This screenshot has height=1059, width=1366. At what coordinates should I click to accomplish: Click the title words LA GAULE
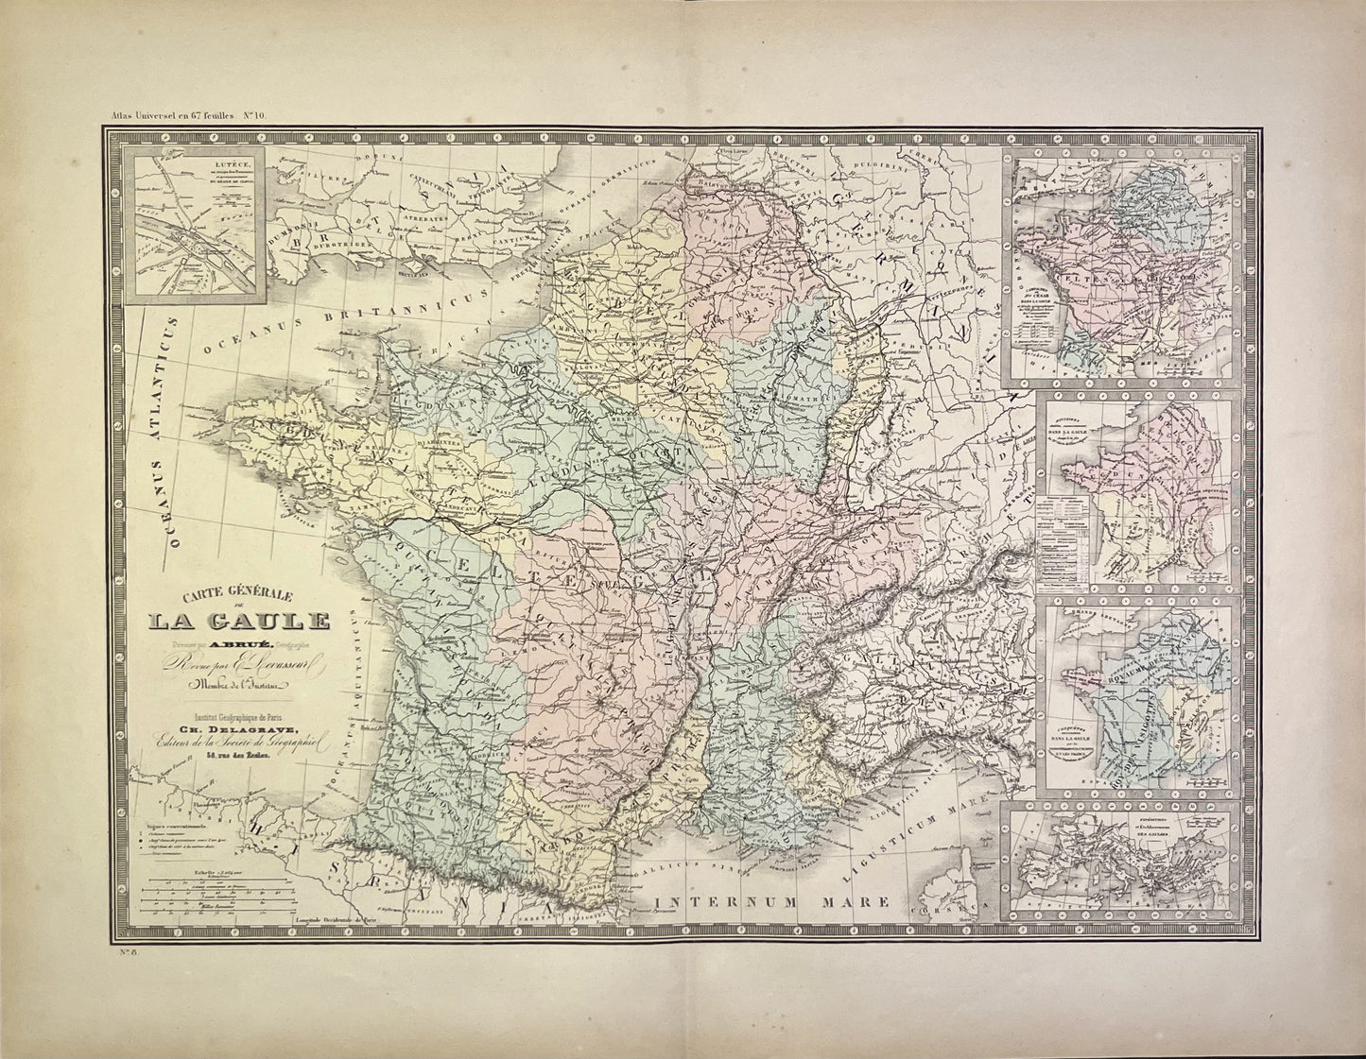pos(236,621)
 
